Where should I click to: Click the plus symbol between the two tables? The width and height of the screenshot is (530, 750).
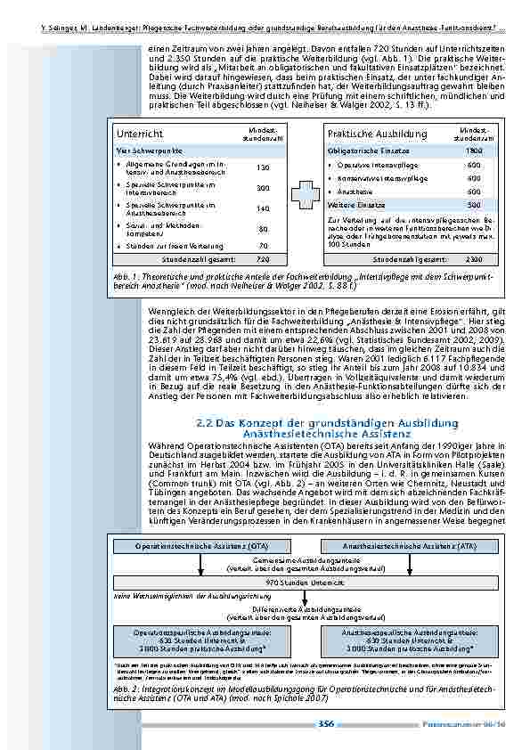300,197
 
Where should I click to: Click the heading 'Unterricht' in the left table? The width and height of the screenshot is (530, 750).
135,134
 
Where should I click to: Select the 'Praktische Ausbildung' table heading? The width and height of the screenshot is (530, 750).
365,134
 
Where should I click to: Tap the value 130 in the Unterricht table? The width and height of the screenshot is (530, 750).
263,167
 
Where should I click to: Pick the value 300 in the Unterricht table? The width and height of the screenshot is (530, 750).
263,188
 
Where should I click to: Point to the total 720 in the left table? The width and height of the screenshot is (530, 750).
263,259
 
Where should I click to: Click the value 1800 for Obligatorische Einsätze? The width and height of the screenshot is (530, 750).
474,151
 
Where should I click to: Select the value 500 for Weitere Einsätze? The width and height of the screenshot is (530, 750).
474,204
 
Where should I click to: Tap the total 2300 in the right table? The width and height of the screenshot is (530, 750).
474,259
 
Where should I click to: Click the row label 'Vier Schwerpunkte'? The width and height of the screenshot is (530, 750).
143,151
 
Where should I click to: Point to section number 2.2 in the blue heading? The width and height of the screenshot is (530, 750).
202,421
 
